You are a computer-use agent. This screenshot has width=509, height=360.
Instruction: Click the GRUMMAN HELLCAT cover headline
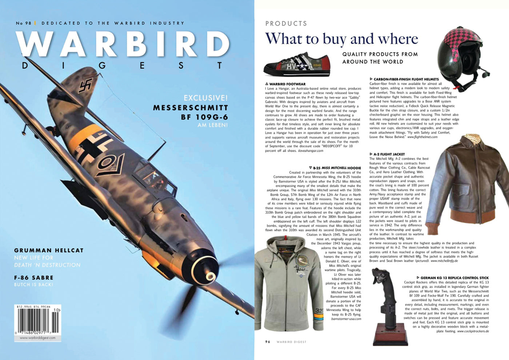49,251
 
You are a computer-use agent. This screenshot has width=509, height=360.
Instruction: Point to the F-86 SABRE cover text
34,278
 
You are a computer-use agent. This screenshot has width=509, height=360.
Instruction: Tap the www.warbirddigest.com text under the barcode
37,338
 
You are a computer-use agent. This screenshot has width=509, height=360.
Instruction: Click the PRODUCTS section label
286,24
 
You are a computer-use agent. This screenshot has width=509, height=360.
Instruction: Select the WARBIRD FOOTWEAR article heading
287,84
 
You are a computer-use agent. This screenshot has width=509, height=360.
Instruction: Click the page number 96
268,342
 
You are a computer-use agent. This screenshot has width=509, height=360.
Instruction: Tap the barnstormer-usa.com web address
346,319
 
